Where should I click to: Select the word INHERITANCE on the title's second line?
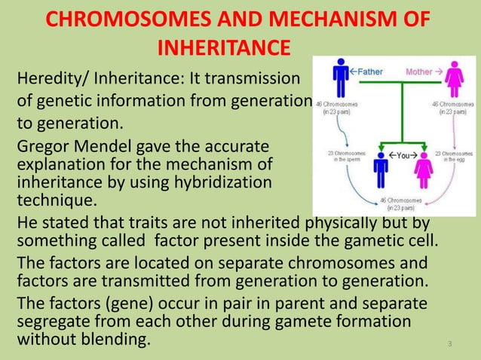[223, 48]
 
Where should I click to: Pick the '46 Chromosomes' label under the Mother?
[454, 106]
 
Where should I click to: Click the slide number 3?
[449, 344]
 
